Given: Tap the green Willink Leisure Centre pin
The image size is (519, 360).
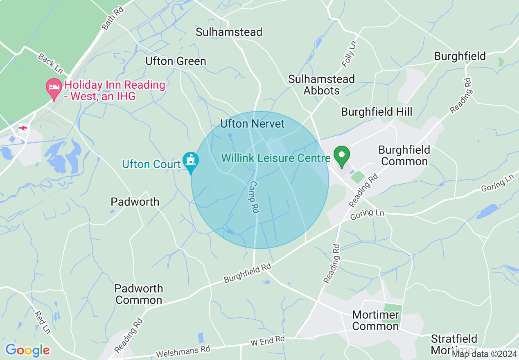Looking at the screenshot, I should point(342,156).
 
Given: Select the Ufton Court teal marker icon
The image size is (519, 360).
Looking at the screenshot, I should point(190,161).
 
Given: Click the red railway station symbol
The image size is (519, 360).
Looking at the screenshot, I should point(23,128).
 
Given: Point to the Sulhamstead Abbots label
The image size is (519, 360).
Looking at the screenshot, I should point(321,85).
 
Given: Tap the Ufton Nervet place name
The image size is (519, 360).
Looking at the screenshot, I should point(252,124).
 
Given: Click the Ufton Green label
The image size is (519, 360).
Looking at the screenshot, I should point(176,61).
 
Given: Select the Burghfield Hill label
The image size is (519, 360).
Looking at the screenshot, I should point(377,112).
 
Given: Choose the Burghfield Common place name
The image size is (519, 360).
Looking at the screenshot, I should point(404,155).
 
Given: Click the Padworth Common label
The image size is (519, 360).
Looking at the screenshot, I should point(139,294).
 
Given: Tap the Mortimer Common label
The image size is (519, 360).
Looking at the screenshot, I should point(375,320).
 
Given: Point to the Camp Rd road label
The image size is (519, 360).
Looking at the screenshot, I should point(254,197).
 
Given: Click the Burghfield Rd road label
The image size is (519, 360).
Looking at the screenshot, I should point(247,273).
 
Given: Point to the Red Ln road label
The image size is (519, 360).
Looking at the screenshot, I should point(42,322).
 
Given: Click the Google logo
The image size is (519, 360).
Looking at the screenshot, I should point(27,350).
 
